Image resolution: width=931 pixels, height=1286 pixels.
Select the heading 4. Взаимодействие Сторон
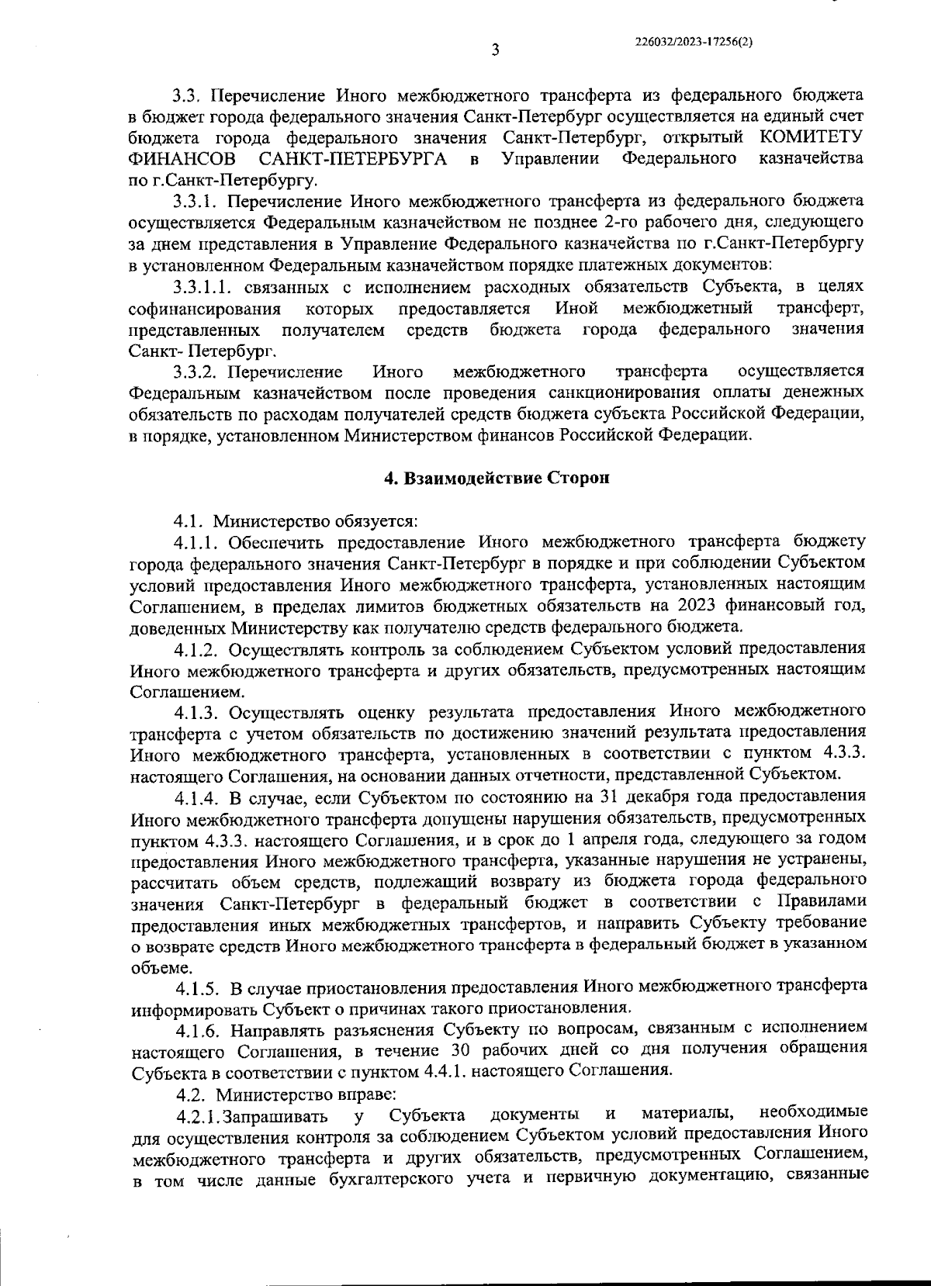click(497, 478)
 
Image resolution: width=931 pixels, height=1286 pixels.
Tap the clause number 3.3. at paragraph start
click(187, 96)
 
